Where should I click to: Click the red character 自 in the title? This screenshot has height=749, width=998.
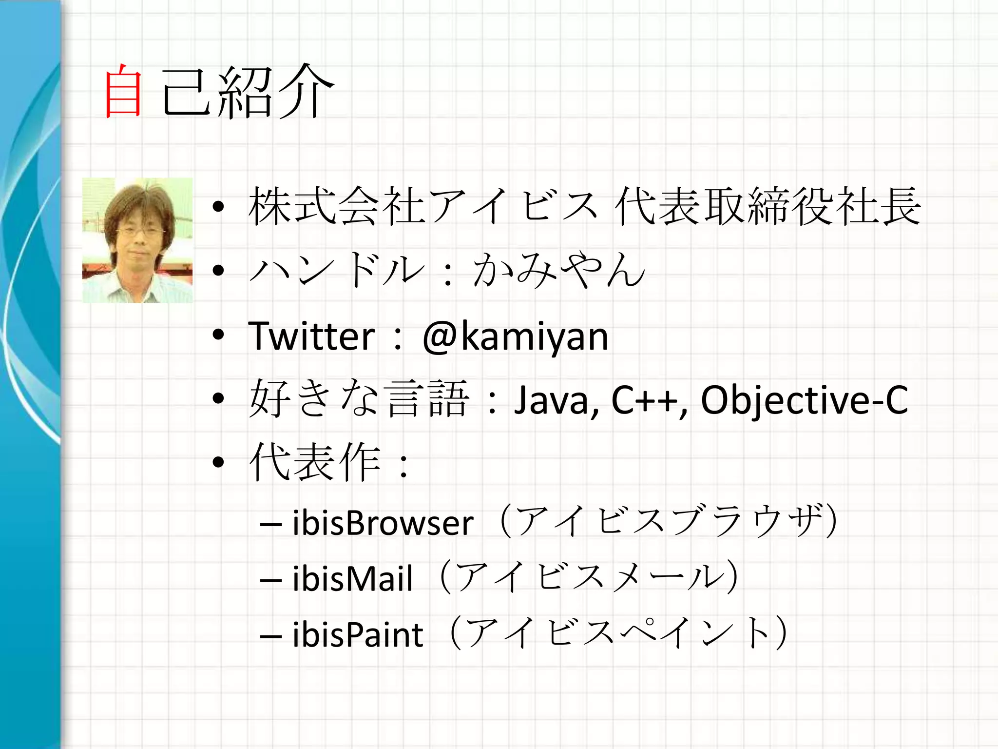point(123,91)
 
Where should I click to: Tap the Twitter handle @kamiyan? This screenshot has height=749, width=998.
point(515,336)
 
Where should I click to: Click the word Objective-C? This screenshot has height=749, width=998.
point(804,400)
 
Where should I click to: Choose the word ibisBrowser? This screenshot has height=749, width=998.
point(383,523)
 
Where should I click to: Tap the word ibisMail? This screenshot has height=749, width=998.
point(352,579)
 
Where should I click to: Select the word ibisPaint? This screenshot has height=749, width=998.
point(358,635)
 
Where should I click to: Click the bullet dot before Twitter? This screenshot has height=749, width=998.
point(218,335)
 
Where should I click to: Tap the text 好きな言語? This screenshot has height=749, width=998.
point(359,399)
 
